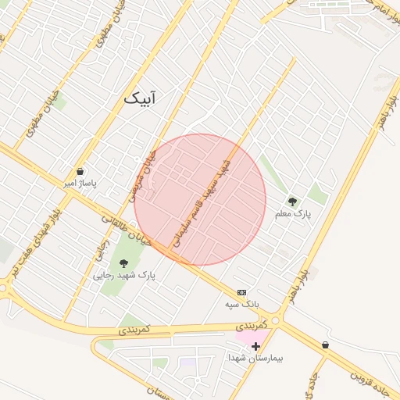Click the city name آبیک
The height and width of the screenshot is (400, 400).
(x=140, y=98)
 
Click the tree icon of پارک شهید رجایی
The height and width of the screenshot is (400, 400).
(x=123, y=263)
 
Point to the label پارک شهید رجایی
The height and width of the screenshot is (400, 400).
(x=124, y=276)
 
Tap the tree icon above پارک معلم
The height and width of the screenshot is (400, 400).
(x=292, y=201)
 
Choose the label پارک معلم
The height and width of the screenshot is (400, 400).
(x=293, y=212)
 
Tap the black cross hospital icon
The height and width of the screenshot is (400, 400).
(x=255, y=345)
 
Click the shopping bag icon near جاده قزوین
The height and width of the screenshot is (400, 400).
(x=325, y=345)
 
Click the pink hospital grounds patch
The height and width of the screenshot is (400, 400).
(x=252, y=337)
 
